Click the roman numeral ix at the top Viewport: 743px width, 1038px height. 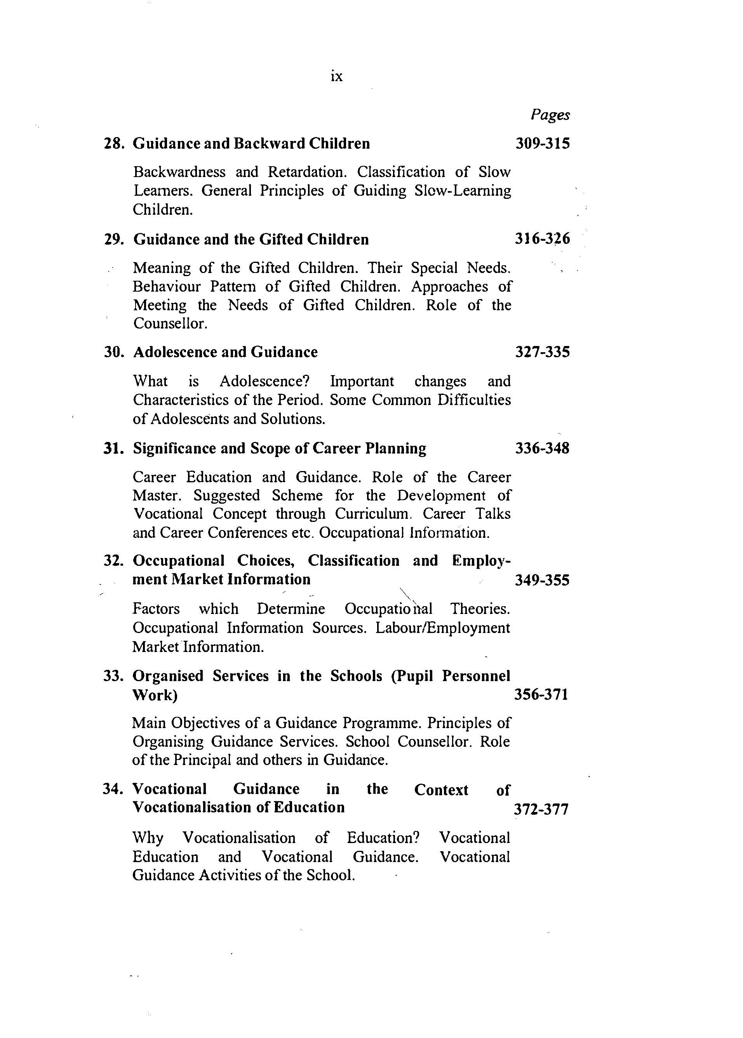336,77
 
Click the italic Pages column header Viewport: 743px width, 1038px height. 550,115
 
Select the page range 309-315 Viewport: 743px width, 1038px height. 543,144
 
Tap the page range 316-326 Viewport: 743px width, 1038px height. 543,239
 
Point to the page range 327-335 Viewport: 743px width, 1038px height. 543,352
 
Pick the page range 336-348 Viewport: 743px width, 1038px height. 543,448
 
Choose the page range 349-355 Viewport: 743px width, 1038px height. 542,580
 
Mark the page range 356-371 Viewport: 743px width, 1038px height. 541,694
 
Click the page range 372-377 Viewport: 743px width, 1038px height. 541,809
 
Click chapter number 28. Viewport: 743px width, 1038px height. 114,144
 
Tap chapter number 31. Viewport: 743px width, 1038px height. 113,448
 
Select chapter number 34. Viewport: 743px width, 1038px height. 113,789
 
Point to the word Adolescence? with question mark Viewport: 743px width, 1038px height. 264,381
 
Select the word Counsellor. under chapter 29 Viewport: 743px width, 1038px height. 171,323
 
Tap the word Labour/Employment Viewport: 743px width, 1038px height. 442,628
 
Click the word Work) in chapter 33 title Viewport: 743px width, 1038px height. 155,695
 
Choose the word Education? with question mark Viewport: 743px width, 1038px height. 383,838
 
